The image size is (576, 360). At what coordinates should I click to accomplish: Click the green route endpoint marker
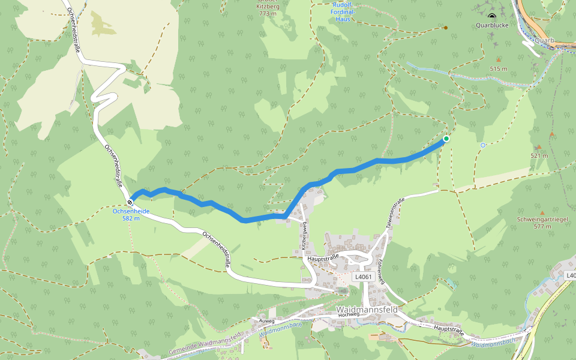[x=446, y=139]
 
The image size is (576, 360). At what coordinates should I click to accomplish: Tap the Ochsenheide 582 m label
[x=131, y=214]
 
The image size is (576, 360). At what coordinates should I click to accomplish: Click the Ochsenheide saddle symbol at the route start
[x=130, y=202]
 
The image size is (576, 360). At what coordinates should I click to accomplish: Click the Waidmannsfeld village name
[x=366, y=309]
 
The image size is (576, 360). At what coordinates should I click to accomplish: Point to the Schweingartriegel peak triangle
[x=542, y=212]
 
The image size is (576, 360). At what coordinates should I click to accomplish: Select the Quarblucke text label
[x=492, y=26]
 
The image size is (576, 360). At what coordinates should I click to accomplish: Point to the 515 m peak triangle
[x=499, y=60]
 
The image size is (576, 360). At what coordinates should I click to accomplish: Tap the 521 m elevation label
[x=539, y=156]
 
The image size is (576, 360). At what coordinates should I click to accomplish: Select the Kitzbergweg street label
[x=304, y=235]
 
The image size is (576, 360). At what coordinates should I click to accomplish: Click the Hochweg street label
[x=348, y=314]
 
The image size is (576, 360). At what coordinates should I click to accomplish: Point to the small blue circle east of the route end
[x=483, y=145]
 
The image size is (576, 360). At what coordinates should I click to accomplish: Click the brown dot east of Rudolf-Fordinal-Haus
[x=445, y=28]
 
